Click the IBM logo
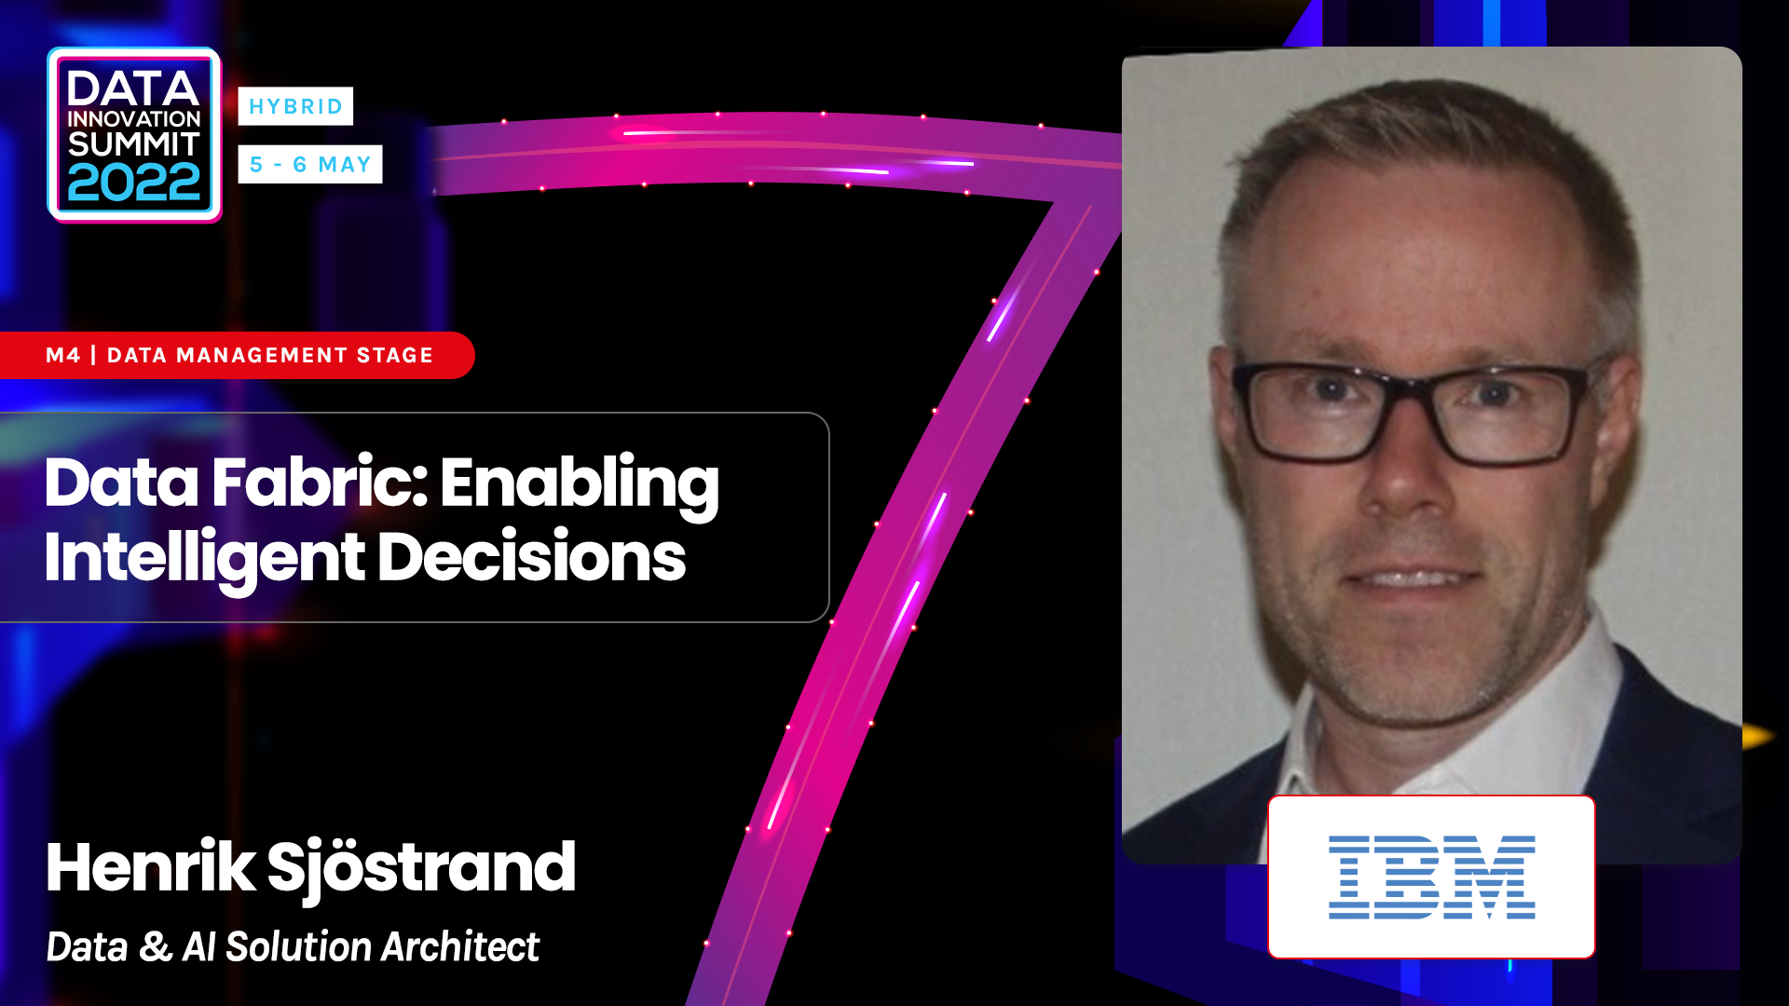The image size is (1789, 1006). point(1431,877)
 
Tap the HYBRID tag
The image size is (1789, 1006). point(295,106)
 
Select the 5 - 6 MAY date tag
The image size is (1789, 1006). point(310,165)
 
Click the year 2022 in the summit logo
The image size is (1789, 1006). point(134,184)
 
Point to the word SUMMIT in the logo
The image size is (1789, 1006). point(134,144)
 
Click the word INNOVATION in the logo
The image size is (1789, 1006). point(134,119)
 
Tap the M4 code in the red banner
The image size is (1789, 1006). point(62,355)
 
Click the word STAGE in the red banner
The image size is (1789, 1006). point(395,355)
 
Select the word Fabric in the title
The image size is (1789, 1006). point(320,483)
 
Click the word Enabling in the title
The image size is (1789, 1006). point(580,484)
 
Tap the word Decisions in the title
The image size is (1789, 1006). point(531,557)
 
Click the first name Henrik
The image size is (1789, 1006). point(150,867)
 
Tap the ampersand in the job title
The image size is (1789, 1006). point(155,948)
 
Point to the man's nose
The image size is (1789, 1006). point(1409,475)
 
